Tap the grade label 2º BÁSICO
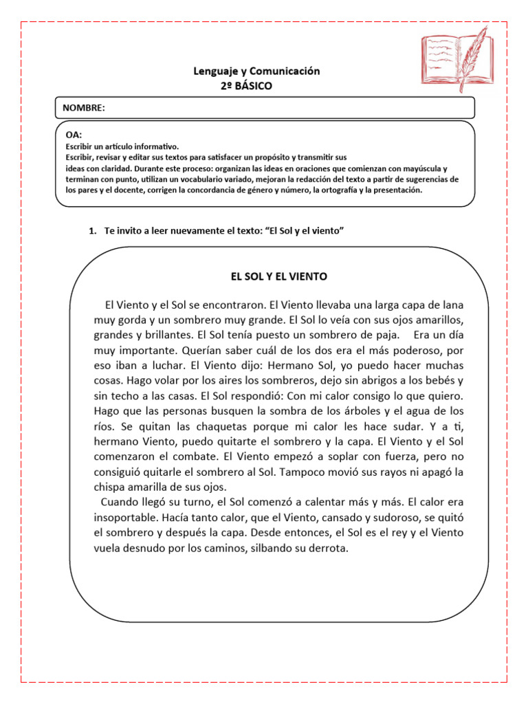(x=246, y=86)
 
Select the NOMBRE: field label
(x=84, y=108)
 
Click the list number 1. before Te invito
(x=93, y=231)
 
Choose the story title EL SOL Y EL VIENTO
(x=279, y=276)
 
